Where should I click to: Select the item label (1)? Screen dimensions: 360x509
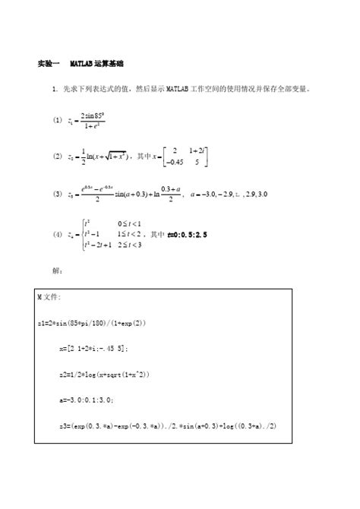(56, 120)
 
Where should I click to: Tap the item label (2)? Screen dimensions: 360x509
(56, 156)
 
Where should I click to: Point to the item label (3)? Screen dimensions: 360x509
(56, 194)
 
